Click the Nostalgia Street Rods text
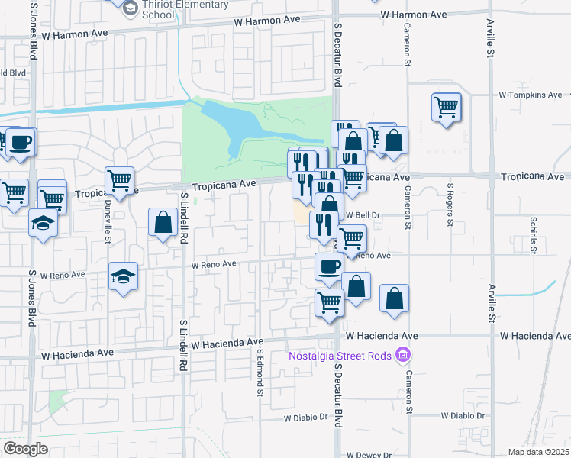point(340,356)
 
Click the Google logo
point(25,449)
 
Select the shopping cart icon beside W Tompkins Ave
point(447,106)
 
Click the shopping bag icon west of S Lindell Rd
point(163,222)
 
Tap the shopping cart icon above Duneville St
point(119,180)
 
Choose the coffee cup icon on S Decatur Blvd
point(329,267)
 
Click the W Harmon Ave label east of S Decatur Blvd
point(413,15)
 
